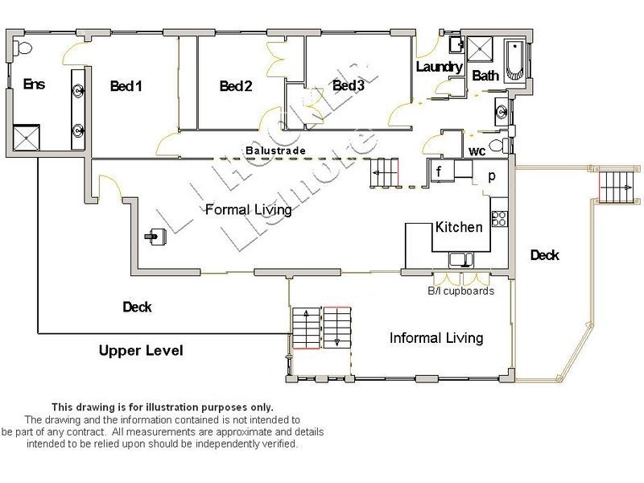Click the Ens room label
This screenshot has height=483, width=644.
coord(34,84)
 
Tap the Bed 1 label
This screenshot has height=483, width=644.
coord(126,86)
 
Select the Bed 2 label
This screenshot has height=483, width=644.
coord(236,86)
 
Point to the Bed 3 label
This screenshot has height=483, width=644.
coord(349,85)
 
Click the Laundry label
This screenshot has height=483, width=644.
coord(440,67)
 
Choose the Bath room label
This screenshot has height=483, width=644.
coord(485,76)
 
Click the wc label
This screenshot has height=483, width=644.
coord(477,151)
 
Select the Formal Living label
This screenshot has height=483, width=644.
coord(248,210)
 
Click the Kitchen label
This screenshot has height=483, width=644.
coord(459,227)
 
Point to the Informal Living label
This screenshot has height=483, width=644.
coord(436,337)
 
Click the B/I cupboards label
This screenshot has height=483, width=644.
coord(460,291)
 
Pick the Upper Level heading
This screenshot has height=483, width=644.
coord(141,351)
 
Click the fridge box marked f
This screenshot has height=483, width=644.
coord(440,171)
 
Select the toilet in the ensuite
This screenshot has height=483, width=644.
coord(23,47)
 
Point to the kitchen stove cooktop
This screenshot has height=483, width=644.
coord(498,217)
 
